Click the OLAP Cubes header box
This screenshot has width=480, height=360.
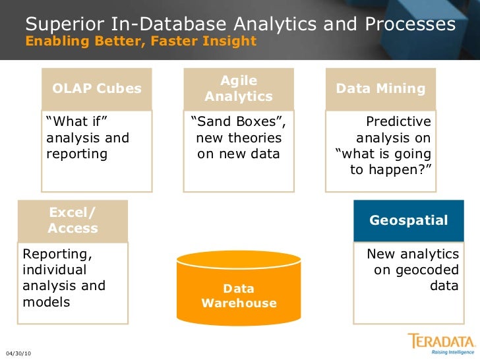pyautogui.click(x=97, y=88)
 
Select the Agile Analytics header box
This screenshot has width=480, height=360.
pyautogui.click(x=239, y=88)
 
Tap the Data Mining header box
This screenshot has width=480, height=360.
pyautogui.click(x=381, y=88)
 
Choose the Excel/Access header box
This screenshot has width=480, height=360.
pyautogui.click(x=73, y=221)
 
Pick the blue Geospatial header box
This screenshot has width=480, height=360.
pyautogui.click(x=409, y=220)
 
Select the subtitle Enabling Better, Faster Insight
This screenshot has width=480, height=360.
pyautogui.click(x=140, y=41)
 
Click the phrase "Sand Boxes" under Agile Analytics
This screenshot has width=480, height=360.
pyautogui.click(x=237, y=122)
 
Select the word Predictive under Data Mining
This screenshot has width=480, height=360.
pyautogui.click(x=398, y=122)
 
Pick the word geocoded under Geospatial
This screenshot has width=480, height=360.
pyautogui.click(x=430, y=270)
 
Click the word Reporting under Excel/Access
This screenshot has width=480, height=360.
pyautogui.click(x=57, y=254)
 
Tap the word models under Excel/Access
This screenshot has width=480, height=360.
pyautogui.click(x=46, y=302)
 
